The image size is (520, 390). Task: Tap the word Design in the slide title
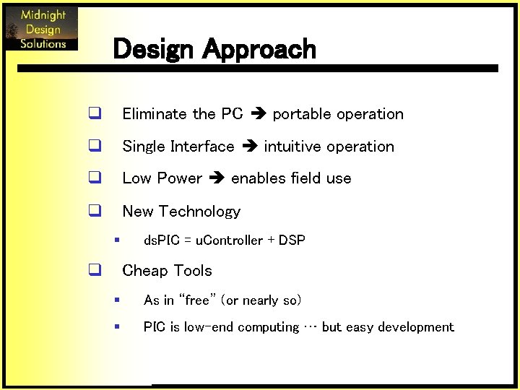click(x=154, y=49)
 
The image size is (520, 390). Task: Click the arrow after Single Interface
click(x=249, y=147)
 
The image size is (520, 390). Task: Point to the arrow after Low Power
click(x=217, y=178)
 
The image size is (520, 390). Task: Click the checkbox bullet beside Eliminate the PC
click(x=94, y=113)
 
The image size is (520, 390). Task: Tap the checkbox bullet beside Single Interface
click(x=94, y=146)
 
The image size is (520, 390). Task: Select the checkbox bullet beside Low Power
click(x=94, y=178)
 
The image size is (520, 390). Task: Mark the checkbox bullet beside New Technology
click(x=94, y=211)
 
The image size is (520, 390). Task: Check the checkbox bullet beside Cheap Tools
click(x=94, y=271)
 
